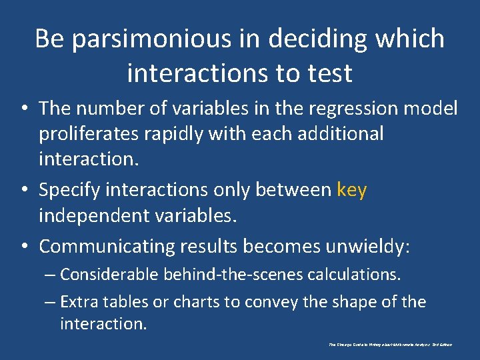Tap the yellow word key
click(x=352, y=190)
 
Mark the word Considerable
click(x=111, y=274)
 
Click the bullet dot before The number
click(x=24, y=108)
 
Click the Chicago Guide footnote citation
click(x=391, y=345)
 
